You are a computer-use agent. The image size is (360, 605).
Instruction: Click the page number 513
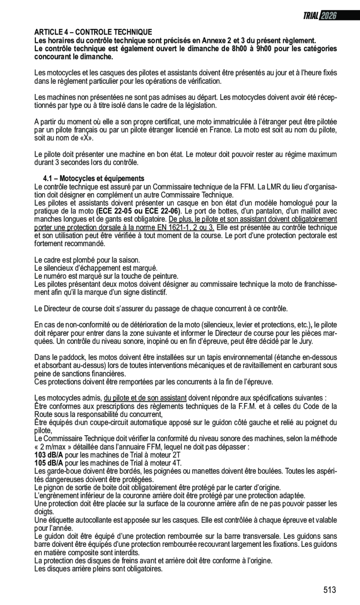click(x=329, y=590)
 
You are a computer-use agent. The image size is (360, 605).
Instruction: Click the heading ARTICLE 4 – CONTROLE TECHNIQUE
click(x=93, y=32)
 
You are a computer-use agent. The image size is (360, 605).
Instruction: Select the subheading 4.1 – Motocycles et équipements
click(x=94, y=179)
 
